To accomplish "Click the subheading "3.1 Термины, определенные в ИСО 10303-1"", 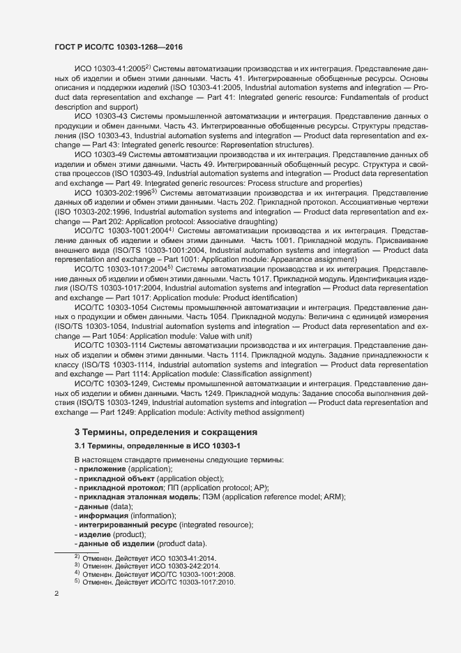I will [x=161, y=446].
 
